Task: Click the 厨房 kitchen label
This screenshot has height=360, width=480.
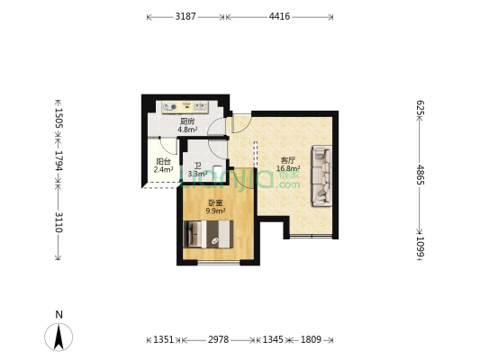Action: click(x=187, y=121)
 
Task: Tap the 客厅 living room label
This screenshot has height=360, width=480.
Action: click(x=287, y=160)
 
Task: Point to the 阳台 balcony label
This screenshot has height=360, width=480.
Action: click(x=163, y=162)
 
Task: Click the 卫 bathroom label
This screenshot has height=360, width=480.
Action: click(x=198, y=166)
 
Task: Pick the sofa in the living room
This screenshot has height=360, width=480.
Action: click(x=321, y=175)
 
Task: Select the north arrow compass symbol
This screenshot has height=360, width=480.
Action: click(x=59, y=336)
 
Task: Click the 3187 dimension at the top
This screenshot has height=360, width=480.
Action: click(x=186, y=16)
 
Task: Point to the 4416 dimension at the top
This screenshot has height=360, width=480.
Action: click(x=279, y=16)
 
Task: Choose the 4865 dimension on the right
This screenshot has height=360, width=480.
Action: click(x=420, y=175)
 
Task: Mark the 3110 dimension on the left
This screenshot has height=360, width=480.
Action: click(x=59, y=222)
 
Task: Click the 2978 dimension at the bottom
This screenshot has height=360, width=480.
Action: click(x=218, y=340)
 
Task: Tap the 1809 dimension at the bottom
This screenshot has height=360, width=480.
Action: click(x=311, y=340)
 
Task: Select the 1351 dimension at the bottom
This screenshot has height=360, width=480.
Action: click(x=163, y=340)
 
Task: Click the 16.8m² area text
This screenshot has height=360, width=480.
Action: click(x=288, y=168)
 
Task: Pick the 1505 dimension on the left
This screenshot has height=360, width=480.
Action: click(x=59, y=121)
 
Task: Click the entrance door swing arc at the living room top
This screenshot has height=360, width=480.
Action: click(x=241, y=124)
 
